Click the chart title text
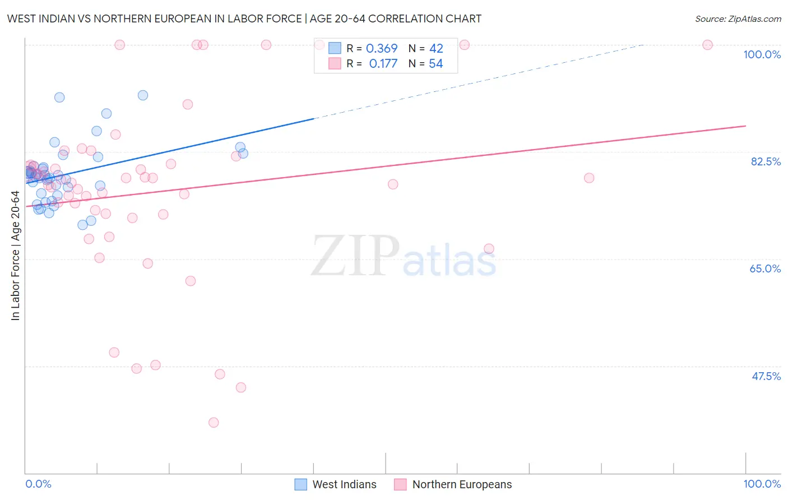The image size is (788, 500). (x=244, y=18)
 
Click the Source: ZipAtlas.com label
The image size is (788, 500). (x=738, y=18)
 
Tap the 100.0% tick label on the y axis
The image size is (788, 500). (x=762, y=54)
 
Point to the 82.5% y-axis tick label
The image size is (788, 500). (x=766, y=161)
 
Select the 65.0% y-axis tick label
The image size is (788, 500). (x=765, y=268)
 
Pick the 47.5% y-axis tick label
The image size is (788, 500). (x=766, y=376)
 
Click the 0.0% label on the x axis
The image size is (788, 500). (x=38, y=484)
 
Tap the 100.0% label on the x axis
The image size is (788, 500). (x=762, y=484)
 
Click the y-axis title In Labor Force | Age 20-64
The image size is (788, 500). (x=15, y=256)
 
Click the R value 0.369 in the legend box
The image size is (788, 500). (x=382, y=49)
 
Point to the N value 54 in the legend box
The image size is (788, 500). (x=436, y=64)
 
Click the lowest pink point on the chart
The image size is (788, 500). (x=214, y=423)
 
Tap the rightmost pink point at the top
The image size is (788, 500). (x=707, y=45)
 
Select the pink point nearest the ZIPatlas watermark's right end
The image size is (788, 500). (x=489, y=249)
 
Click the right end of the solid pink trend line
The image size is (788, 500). (x=745, y=126)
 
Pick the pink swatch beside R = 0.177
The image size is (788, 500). (x=335, y=64)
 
